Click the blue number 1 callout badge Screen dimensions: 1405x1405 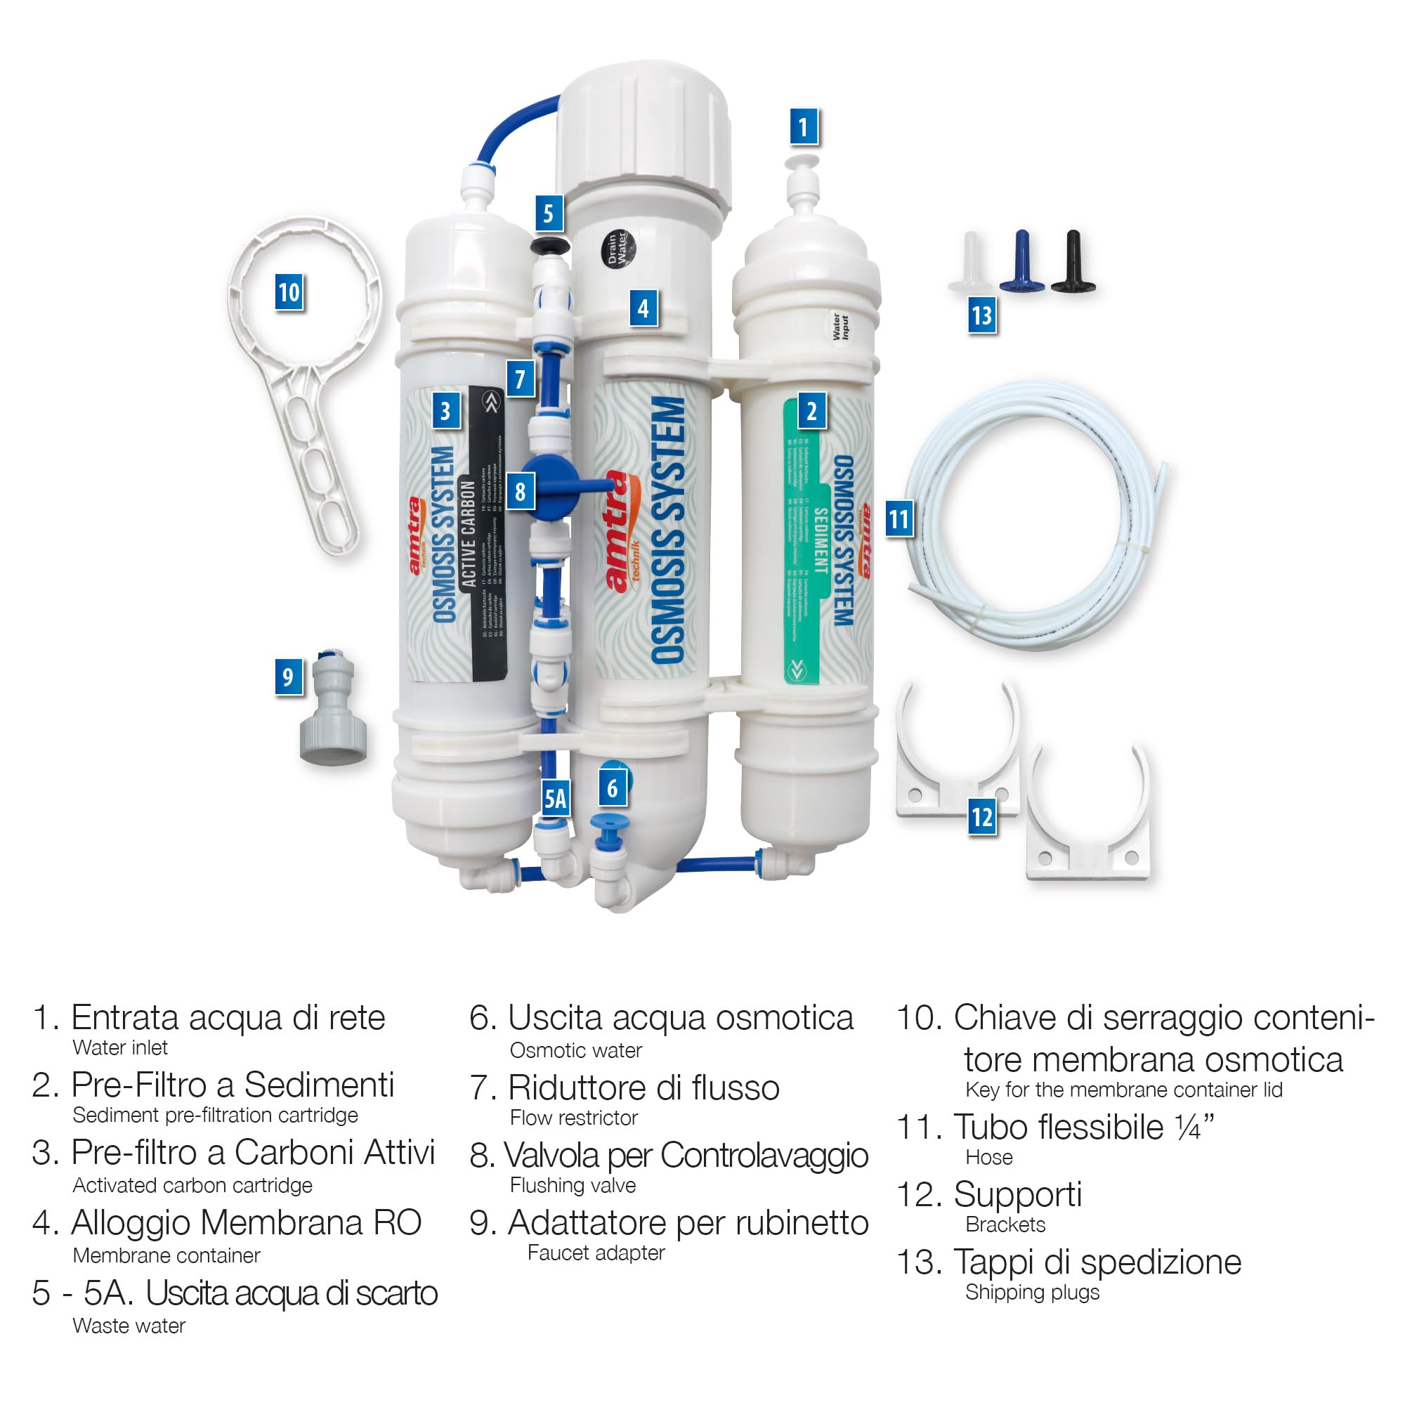[803, 127]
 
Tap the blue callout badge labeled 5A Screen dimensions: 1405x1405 [556, 799]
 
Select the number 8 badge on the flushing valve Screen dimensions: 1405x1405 [519, 491]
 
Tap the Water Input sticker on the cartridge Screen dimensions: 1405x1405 [840, 327]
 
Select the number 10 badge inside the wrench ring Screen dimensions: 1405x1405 [289, 292]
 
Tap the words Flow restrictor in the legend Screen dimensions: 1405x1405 [573, 1118]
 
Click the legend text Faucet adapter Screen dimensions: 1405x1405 [596, 1253]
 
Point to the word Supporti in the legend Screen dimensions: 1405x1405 [1017, 1195]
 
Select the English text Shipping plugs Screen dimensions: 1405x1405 [1032, 1293]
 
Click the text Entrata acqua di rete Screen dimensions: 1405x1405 [228, 1017]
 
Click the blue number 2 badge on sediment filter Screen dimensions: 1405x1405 [811, 411]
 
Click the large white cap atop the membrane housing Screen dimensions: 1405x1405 [645, 135]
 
